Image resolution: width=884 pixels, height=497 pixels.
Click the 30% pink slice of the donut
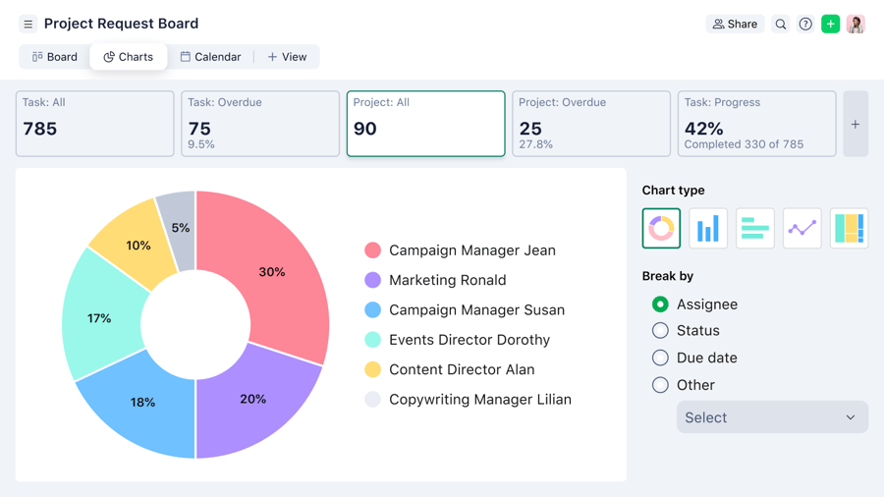click(x=272, y=272)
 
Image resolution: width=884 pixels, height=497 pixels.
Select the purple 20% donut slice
click(x=252, y=398)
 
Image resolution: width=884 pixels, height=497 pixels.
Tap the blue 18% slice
click(x=142, y=401)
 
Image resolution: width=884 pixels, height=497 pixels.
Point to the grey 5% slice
click(x=180, y=227)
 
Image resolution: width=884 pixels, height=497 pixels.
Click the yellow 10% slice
click(x=138, y=246)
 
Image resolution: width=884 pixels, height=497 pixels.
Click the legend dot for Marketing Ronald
click(x=372, y=280)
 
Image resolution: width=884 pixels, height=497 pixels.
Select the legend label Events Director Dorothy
click(x=469, y=340)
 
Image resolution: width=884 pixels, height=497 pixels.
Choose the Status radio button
click(x=660, y=331)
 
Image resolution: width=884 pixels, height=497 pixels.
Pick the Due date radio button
click(x=660, y=359)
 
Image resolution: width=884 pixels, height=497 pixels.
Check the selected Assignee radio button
click(x=660, y=304)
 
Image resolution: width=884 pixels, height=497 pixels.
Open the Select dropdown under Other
click(x=771, y=417)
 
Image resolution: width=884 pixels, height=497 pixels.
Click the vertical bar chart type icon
click(x=708, y=229)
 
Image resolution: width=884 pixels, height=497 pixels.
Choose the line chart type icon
click(x=801, y=229)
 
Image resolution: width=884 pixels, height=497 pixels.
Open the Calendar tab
click(x=210, y=57)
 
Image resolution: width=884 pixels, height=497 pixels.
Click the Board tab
click(x=55, y=57)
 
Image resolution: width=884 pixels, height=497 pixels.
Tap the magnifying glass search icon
click(x=781, y=25)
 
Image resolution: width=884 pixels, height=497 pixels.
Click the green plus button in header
click(x=831, y=25)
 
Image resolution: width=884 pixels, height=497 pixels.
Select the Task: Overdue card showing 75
click(x=260, y=124)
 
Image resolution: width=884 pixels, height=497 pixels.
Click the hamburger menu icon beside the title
click(x=28, y=25)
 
